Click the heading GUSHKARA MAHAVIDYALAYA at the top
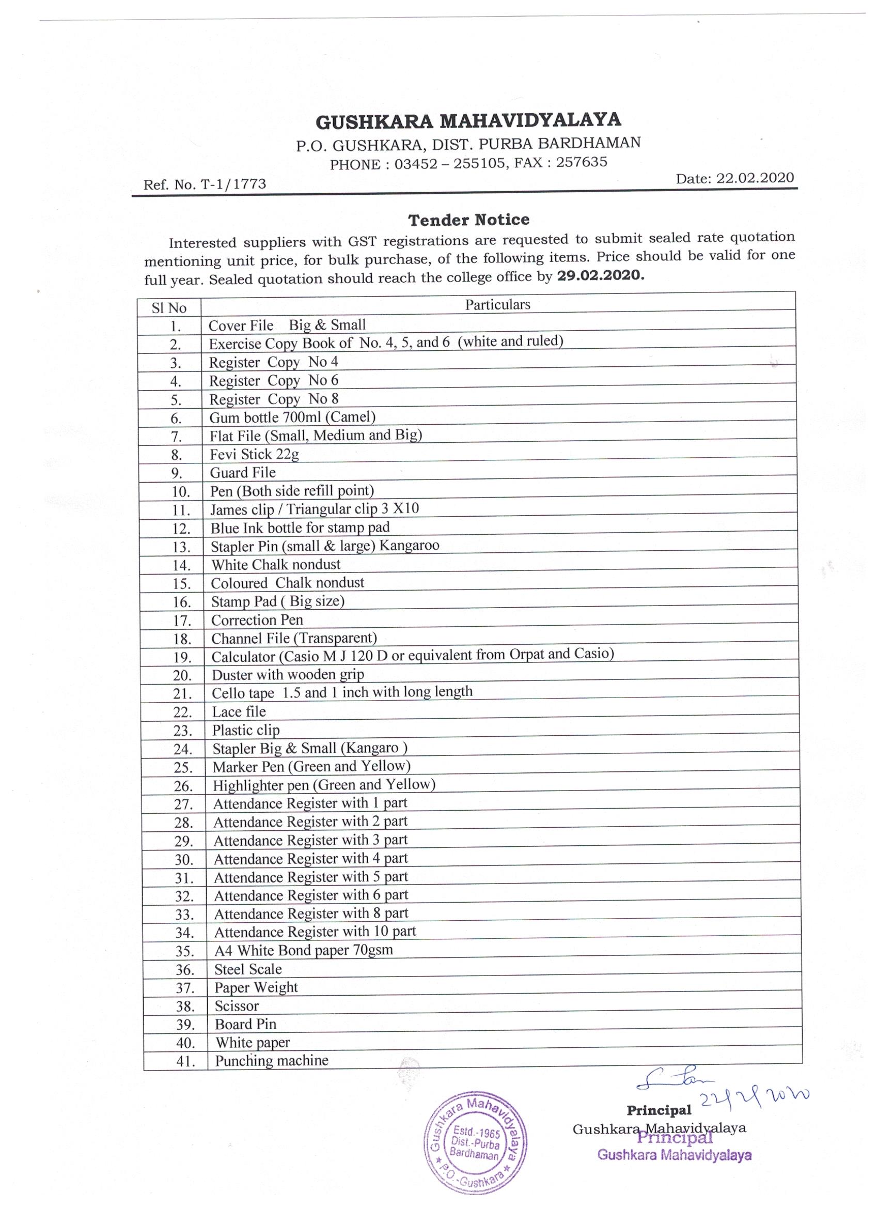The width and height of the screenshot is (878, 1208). tap(468, 120)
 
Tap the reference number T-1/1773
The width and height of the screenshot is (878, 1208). tap(233, 184)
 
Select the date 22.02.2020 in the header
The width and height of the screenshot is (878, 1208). tap(755, 178)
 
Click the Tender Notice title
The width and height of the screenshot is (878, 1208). tap(468, 220)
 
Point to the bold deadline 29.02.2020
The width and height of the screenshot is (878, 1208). tap(600, 276)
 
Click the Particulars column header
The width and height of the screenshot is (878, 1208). tap(497, 304)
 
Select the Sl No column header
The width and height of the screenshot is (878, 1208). tap(169, 308)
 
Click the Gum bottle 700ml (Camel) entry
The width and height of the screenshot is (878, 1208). tap(292, 416)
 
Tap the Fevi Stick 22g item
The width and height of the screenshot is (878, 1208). tap(254, 454)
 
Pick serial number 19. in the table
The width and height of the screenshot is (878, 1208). tap(182, 657)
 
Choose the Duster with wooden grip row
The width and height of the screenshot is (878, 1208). tap(288, 674)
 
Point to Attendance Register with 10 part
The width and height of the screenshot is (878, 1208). tap(315, 932)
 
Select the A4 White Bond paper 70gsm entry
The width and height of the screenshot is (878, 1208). tap(304, 950)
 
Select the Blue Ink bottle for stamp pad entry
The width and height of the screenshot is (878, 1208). tap(300, 528)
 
